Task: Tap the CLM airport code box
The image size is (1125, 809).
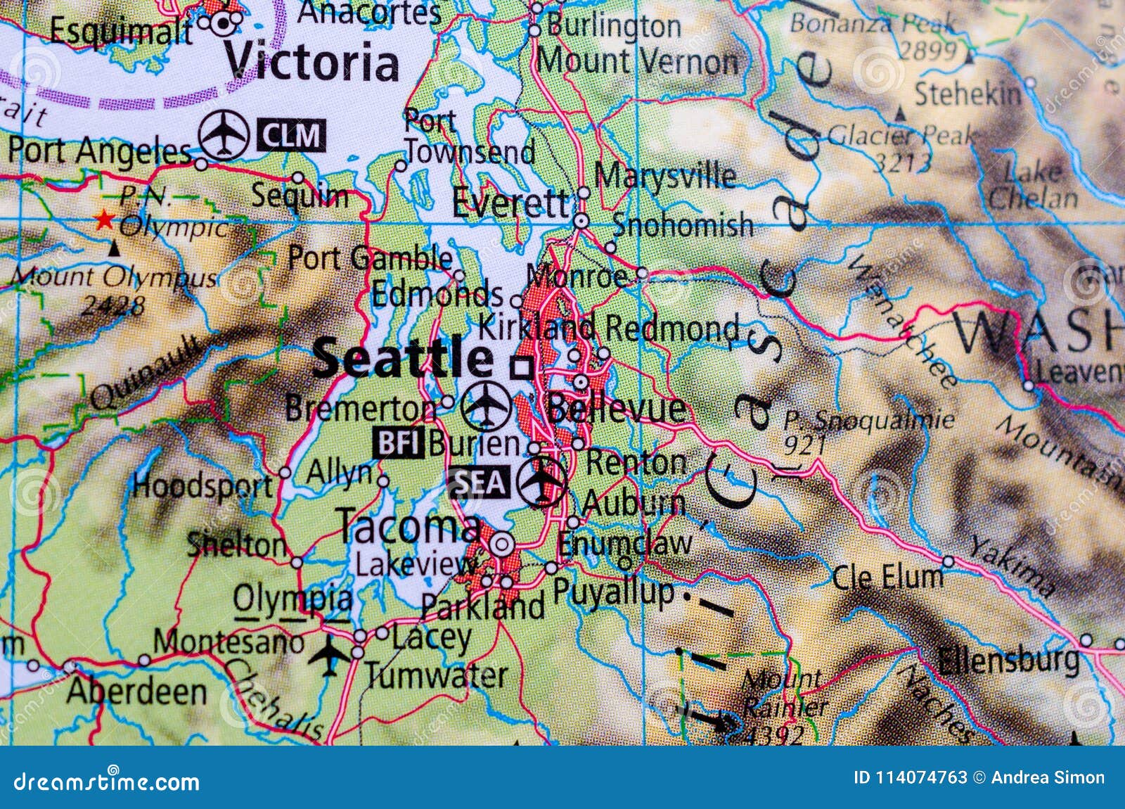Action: coord(291,135)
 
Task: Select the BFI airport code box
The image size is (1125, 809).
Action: coord(399,443)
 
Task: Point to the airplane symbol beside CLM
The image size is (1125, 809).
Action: coord(224,134)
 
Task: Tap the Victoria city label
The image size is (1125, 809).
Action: coord(311,63)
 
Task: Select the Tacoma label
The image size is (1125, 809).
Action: coord(409,526)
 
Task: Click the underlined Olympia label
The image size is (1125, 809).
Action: coord(292,599)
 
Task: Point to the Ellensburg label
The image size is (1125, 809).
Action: coord(1008,660)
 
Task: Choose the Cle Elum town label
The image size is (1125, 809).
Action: coord(887,578)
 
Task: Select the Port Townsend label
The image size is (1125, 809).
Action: coord(469,138)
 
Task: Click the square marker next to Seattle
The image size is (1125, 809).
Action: coord(522,367)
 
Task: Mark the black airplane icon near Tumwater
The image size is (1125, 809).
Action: coord(328,654)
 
